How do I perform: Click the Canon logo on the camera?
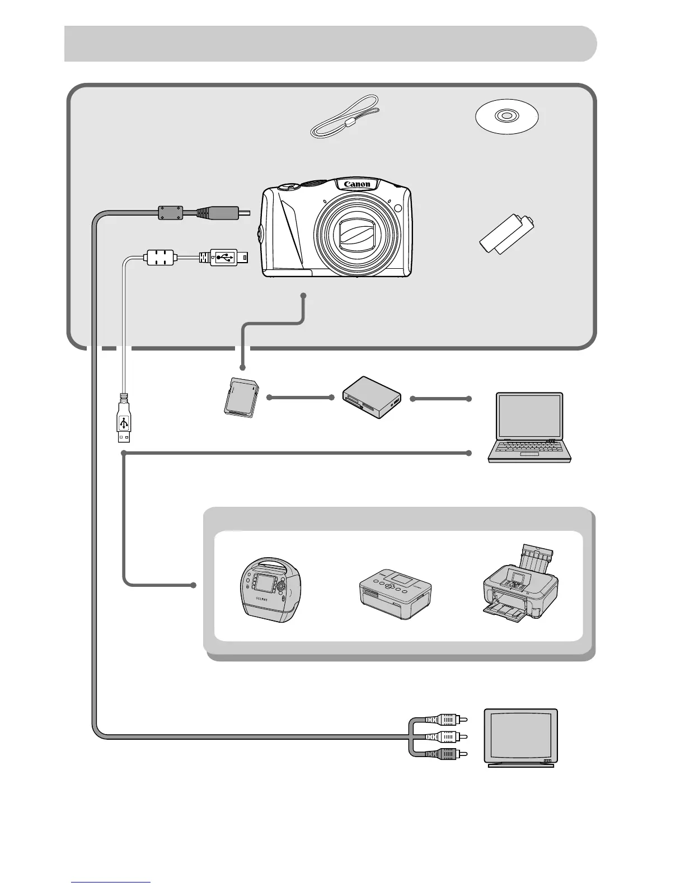click(357, 184)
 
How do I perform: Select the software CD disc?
click(506, 117)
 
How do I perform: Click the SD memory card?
click(241, 396)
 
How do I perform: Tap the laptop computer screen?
click(529, 415)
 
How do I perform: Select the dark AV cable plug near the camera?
click(218, 212)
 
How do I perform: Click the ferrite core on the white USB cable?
click(160, 258)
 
